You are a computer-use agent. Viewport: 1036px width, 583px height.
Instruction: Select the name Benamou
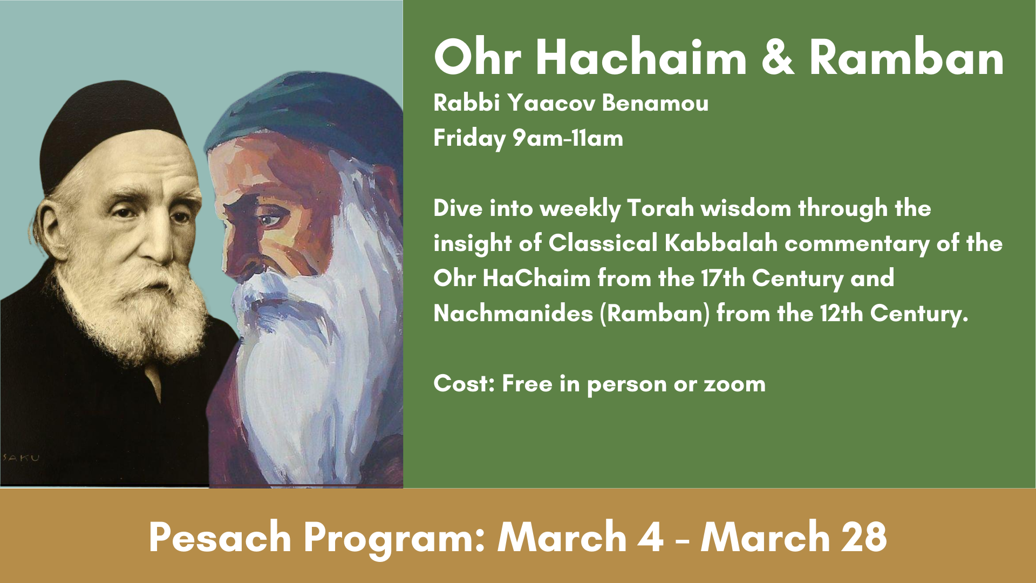click(655, 103)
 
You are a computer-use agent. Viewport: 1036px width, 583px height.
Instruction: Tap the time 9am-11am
click(568, 138)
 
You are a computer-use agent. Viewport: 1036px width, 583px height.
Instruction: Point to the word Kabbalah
click(721, 243)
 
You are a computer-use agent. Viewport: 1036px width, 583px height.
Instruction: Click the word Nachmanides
click(513, 314)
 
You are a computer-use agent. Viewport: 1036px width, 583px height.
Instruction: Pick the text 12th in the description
click(841, 314)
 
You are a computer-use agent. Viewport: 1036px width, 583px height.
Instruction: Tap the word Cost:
click(464, 384)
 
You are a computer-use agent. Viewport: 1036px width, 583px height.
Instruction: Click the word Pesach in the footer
click(220, 537)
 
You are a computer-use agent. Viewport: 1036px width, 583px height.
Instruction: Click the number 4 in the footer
click(650, 537)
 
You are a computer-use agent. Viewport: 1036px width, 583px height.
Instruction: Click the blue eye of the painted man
click(270, 220)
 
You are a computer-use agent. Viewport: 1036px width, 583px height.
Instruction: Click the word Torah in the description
click(660, 208)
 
